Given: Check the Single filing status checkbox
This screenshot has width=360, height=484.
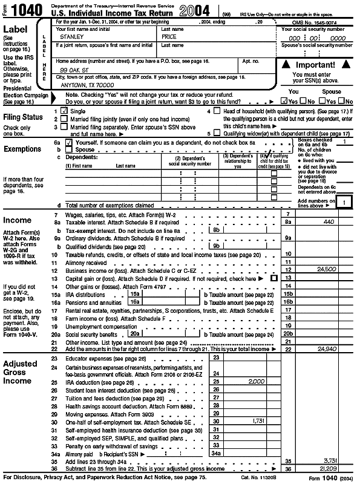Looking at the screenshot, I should pos(64,112).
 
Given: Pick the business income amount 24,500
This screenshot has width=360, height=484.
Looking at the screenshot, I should pos(326,269).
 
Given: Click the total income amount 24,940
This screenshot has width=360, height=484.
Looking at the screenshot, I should pos(326,349).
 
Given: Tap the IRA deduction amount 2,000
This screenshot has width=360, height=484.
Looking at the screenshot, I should pos(257,382).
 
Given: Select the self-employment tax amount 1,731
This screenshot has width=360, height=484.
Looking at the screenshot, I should pos(258,420).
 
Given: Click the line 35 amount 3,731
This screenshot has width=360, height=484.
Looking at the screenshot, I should pos(329,460).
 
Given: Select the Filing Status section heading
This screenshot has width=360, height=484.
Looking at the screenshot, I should pos(24,117).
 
